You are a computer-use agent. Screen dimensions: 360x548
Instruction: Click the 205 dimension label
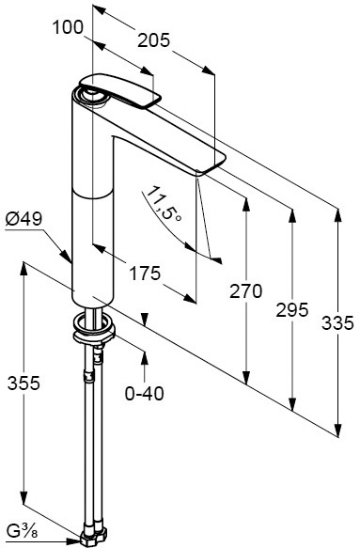tap(154, 40)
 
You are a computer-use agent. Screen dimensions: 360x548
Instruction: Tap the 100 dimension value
tap(68, 27)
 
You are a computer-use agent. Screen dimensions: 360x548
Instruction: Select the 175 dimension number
tap(145, 273)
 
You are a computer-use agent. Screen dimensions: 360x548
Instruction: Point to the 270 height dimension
tap(245, 291)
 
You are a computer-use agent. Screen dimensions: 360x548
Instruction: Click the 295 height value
tap(292, 309)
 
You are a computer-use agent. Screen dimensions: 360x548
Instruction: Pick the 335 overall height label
tap(337, 323)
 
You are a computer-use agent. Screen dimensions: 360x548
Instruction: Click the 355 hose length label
tap(24, 384)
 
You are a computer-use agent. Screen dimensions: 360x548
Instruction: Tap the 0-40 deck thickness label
tap(145, 394)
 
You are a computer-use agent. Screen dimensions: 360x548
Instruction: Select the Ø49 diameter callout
tap(23, 219)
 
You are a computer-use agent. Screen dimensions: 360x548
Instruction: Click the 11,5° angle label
tap(164, 204)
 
